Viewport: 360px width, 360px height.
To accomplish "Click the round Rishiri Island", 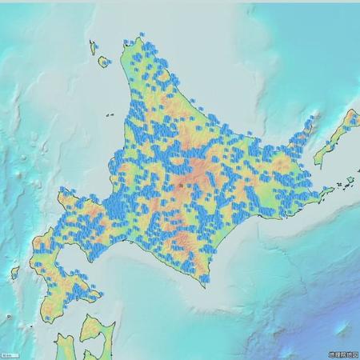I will [102, 61].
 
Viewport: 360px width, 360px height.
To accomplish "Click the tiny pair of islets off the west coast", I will [108, 115].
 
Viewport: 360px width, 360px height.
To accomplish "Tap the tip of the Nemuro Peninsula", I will [330, 190].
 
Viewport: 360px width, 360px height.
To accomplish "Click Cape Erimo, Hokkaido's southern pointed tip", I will [206, 286].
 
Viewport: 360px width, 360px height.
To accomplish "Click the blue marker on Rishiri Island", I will [103, 58].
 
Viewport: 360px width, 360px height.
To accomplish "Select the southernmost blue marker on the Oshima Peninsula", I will [47, 318].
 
